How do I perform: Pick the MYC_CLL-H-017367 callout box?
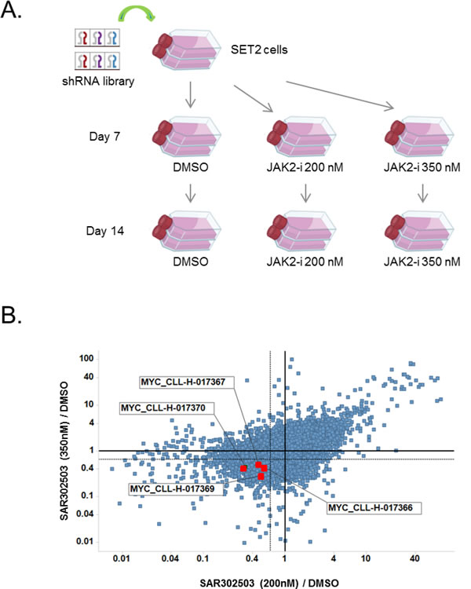pyautogui.click(x=184, y=382)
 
